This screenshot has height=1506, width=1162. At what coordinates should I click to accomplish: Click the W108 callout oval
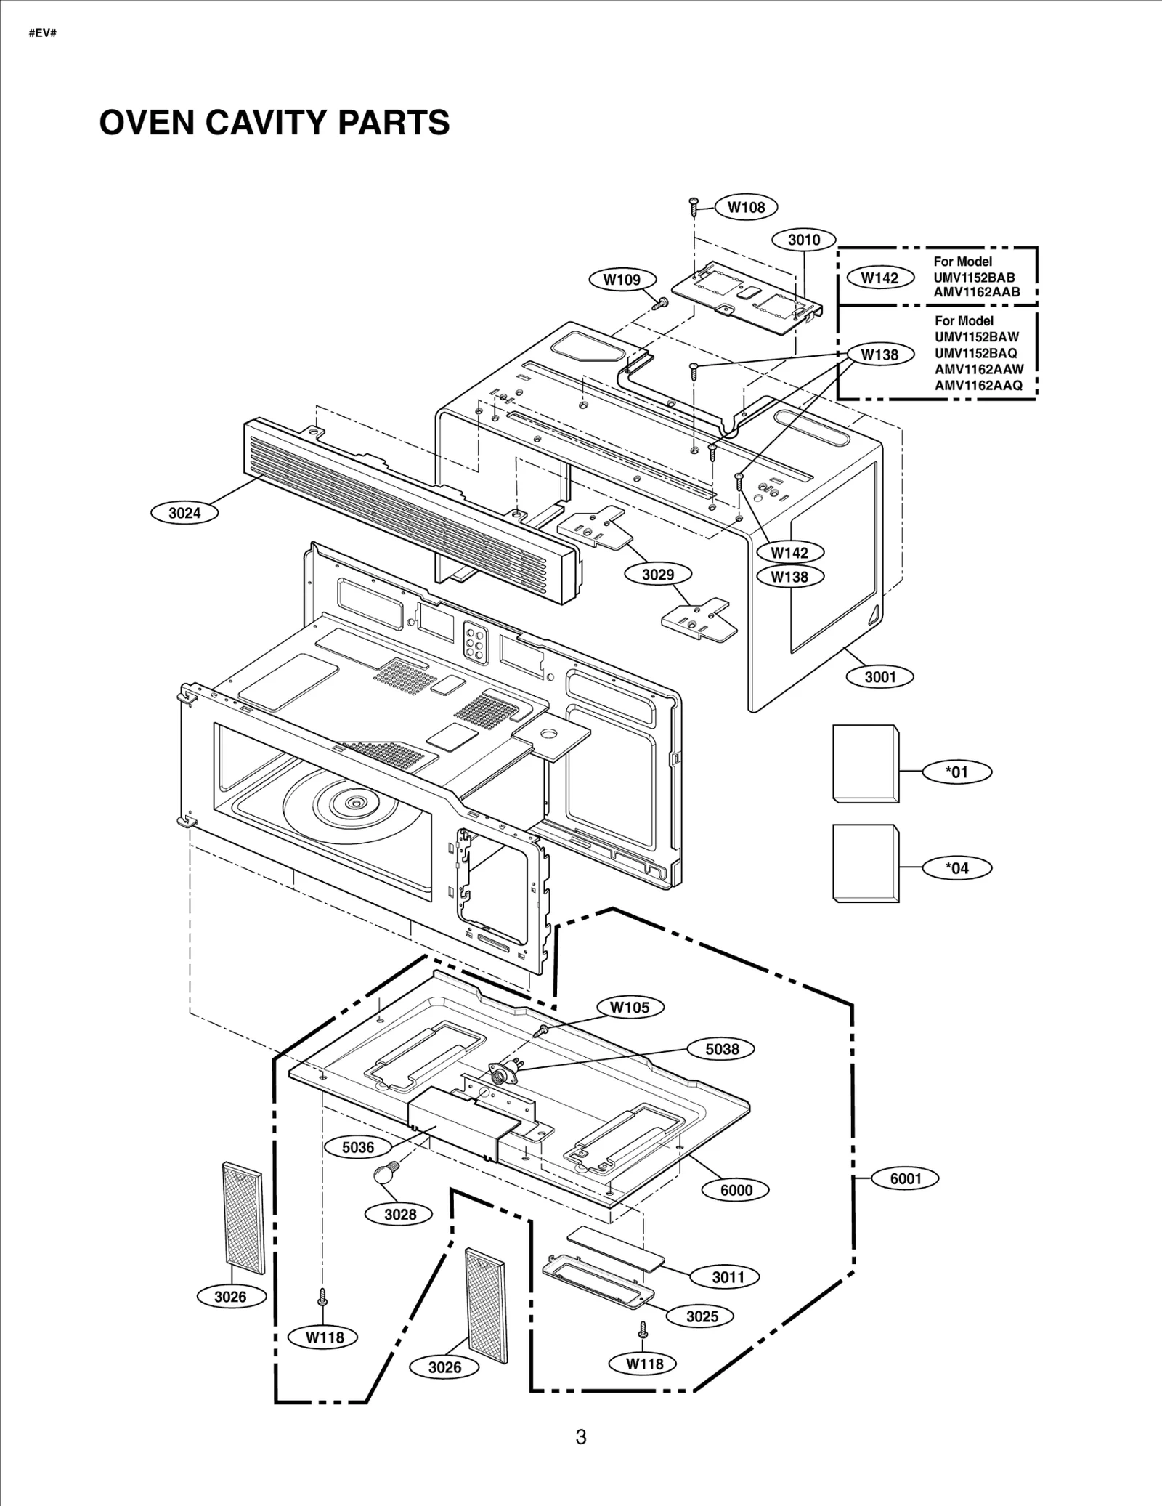[x=747, y=207]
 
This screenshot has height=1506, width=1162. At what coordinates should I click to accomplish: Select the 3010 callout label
[x=804, y=240]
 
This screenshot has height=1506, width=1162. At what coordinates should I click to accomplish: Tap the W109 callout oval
[x=622, y=280]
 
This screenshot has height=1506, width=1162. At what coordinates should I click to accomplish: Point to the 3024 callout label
[x=184, y=513]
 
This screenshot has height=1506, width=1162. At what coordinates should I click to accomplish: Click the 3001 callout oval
[x=879, y=677]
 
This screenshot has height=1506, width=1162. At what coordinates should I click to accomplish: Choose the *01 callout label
[x=956, y=772]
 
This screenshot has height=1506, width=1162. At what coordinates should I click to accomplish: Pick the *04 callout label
[x=956, y=868]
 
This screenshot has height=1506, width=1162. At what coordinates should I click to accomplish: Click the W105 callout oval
[x=630, y=1008]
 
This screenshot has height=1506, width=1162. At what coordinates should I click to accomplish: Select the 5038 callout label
[x=722, y=1049]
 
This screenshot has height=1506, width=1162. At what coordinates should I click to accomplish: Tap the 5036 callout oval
[x=358, y=1148]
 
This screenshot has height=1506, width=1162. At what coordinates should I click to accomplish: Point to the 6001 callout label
[x=905, y=1178]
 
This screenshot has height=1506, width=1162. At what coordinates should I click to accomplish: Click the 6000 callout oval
[x=736, y=1190]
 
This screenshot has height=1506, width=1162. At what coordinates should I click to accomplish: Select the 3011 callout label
[x=727, y=1277]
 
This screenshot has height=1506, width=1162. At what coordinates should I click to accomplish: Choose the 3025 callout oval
[x=702, y=1316]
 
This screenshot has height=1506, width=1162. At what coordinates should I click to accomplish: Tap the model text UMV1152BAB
[x=973, y=278]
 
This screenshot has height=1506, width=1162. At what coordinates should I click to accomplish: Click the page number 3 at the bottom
[x=580, y=1436]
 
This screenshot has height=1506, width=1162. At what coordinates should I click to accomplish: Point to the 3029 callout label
[x=657, y=575]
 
